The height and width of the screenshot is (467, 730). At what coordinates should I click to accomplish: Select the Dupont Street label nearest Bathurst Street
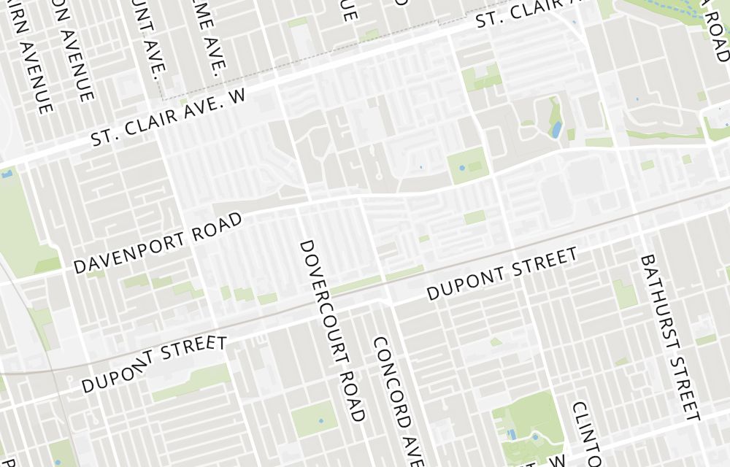tap(502, 274)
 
